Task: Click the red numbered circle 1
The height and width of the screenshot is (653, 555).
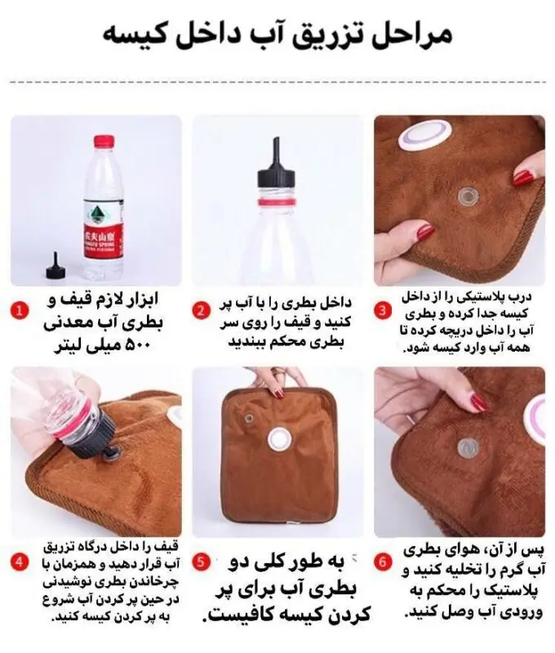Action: coord(20,311)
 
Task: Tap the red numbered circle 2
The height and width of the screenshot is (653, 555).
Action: coord(201,311)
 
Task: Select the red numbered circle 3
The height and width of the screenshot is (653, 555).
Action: coord(383,311)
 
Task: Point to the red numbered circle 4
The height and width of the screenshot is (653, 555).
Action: coord(20,562)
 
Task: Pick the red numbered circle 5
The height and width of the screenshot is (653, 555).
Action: coord(201,562)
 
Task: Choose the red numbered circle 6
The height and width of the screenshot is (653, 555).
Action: coord(383,562)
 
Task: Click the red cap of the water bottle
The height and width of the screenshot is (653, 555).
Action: coord(104,140)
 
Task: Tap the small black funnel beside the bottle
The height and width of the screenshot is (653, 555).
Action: coord(55,266)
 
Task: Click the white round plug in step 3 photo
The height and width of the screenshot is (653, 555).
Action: coord(425,135)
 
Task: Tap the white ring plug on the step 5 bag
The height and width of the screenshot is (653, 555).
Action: coord(277,439)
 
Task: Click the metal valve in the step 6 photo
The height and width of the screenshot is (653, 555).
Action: coord(468,447)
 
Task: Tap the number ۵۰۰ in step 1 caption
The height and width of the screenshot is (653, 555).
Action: coord(135,345)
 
